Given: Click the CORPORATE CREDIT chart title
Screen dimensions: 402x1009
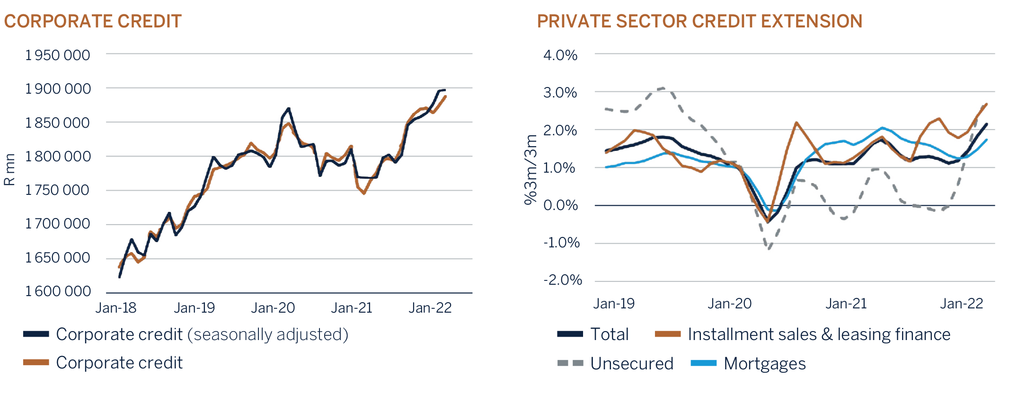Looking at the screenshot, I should (x=93, y=21).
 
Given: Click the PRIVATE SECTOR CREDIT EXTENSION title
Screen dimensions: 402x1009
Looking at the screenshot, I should (x=699, y=21).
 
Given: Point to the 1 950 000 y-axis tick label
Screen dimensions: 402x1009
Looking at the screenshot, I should (x=57, y=55).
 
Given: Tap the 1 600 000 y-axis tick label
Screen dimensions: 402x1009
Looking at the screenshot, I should (x=58, y=291).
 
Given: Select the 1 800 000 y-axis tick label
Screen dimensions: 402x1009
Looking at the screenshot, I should (x=58, y=157).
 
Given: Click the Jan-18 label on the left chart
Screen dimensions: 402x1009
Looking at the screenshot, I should (x=116, y=308).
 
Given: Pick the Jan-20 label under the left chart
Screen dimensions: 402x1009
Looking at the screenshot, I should (x=273, y=308).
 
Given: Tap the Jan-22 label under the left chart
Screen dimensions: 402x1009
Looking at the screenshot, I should (x=430, y=308).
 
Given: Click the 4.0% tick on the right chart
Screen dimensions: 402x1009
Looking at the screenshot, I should (x=560, y=55).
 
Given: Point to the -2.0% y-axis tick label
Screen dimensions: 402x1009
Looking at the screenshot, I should (x=562, y=280).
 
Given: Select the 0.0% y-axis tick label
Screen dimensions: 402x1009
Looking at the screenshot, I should (x=560, y=205).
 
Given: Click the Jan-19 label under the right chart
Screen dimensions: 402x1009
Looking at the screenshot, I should (x=614, y=304).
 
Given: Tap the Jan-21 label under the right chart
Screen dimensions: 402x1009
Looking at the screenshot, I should (x=846, y=304).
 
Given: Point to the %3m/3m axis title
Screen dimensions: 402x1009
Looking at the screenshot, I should (x=531, y=169).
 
